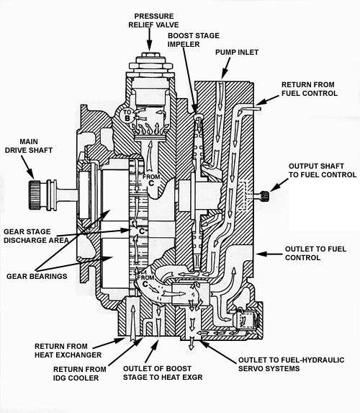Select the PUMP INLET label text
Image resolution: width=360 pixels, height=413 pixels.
[x=239, y=52]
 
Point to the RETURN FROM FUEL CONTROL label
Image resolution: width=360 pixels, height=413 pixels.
[x=310, y=89]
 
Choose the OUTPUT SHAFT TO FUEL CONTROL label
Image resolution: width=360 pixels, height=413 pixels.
[x=322, y=169]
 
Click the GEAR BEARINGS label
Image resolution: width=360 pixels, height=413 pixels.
[x=37, y=275]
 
